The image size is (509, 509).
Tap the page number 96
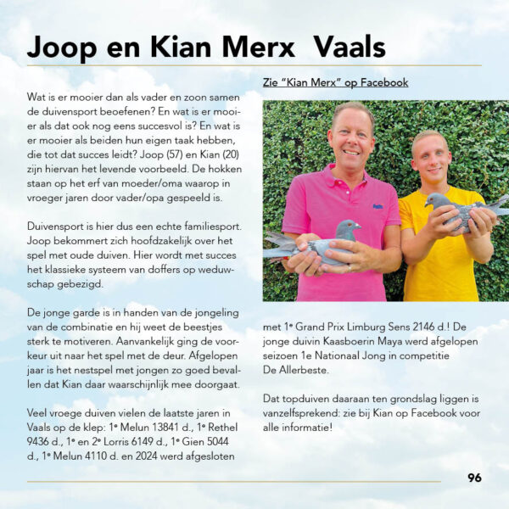474,478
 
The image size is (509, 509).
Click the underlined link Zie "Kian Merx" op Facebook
335,82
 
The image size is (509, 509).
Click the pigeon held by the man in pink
316,241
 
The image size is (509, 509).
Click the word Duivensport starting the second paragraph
57,227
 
